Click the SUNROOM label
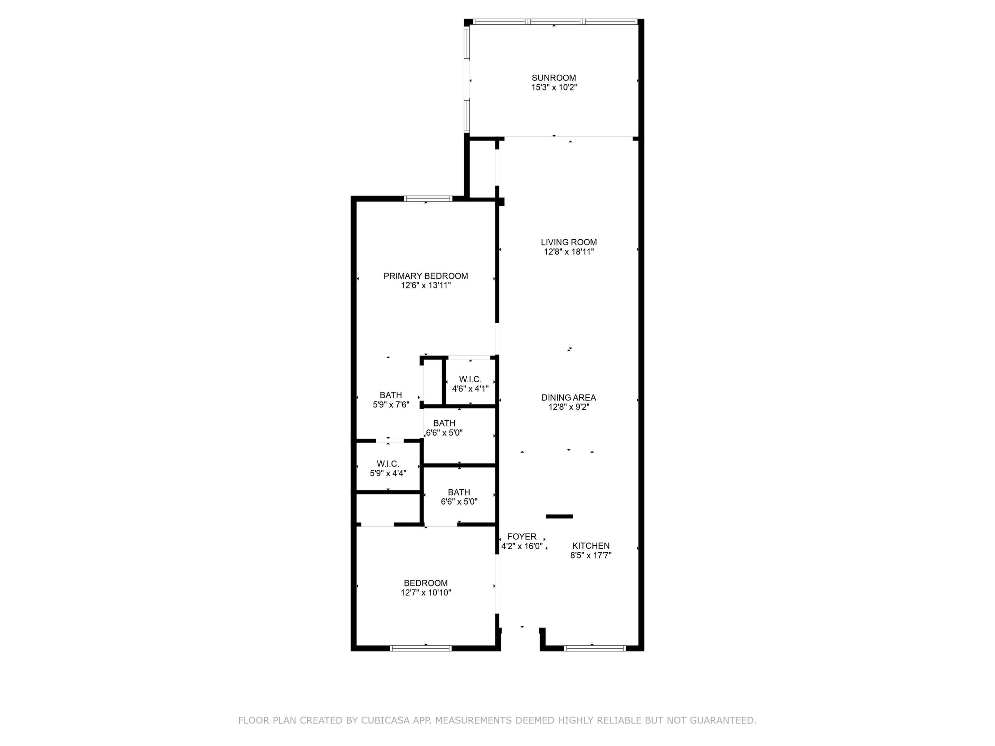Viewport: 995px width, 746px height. (x=554, y=78)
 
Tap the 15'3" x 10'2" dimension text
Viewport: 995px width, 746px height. (x=554, y=88)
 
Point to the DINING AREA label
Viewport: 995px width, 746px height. (x=569, y=398)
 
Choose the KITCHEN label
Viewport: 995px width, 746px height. (x=591, y=546)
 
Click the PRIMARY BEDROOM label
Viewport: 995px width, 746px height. (x=426, y=276)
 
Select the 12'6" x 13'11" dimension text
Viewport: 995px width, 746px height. (x=426, y=286)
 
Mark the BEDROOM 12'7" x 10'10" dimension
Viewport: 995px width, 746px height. (x=426, y=593)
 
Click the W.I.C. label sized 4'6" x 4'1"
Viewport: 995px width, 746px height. (x=470, y=380)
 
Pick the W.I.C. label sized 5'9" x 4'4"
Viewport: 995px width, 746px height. (x=388, y=463)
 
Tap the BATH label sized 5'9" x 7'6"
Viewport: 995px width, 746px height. (x=390, y=395)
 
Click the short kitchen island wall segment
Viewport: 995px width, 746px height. (x=559, y=516)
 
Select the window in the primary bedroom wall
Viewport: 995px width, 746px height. (x=428, y=199)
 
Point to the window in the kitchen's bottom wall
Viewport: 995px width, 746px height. (x=595, y=648)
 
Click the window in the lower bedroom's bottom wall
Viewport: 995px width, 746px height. (x=420, y=648)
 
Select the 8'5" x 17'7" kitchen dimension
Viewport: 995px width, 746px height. (x=591, y=556)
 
